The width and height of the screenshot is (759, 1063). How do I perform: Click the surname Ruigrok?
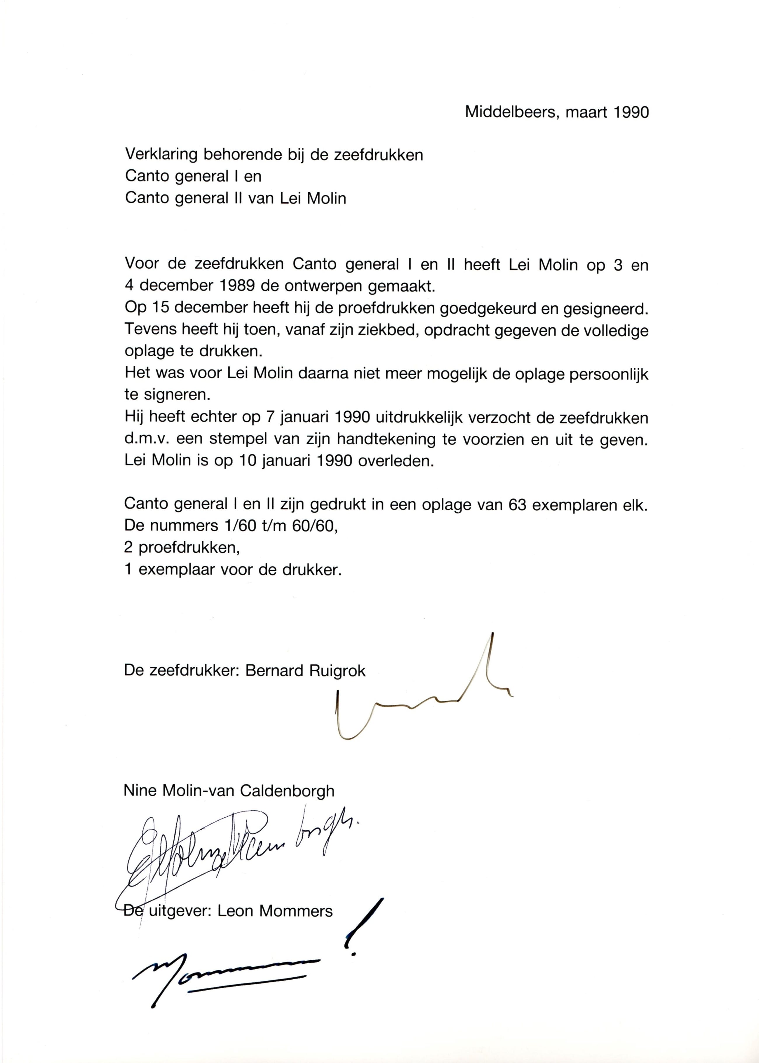tap(337, 671)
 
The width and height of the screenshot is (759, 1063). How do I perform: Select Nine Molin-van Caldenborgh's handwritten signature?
tap(234, 845)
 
